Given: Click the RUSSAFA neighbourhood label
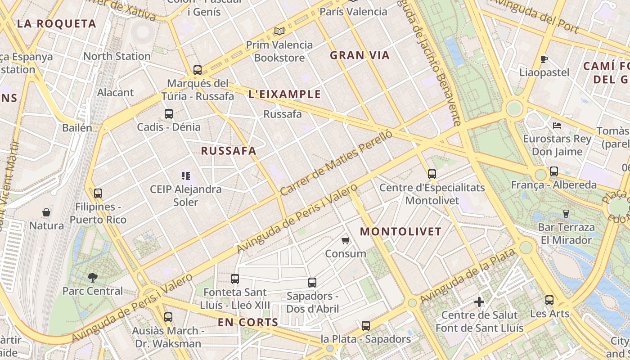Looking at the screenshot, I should click(x=229, y=151).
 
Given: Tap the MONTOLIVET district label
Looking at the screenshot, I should click(x=401, y=232).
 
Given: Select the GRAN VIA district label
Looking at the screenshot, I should click(x=360, y=55).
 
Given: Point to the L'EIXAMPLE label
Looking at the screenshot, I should click(x=285, y=94).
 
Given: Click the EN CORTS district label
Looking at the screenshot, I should click(x=248, y=322).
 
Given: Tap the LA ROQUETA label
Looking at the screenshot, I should click(x=57, y=24).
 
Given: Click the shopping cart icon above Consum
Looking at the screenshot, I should click(x=345, y=241).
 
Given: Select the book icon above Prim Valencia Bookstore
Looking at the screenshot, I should click(x=279, y=31).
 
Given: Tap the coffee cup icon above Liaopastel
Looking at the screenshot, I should click(x=544, y=59).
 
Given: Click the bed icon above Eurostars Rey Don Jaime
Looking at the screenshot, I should click(x=557, y=126).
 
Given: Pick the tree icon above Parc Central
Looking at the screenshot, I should click(x=93, y=277).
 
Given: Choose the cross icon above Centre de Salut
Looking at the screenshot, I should click(x=479, y=302).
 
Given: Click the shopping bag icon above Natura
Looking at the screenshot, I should click(x=46, y=212).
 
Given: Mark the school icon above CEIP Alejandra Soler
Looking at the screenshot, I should click(x=186, y=176).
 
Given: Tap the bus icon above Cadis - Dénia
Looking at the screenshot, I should click(x=169, y=114).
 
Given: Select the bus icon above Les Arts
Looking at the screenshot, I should click(x=549, y=300).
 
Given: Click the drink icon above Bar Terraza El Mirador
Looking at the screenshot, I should click(x=566, y=213).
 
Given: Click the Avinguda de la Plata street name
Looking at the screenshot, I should click(x=468, y=276).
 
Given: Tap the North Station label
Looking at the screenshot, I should click(x=117, y=56).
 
